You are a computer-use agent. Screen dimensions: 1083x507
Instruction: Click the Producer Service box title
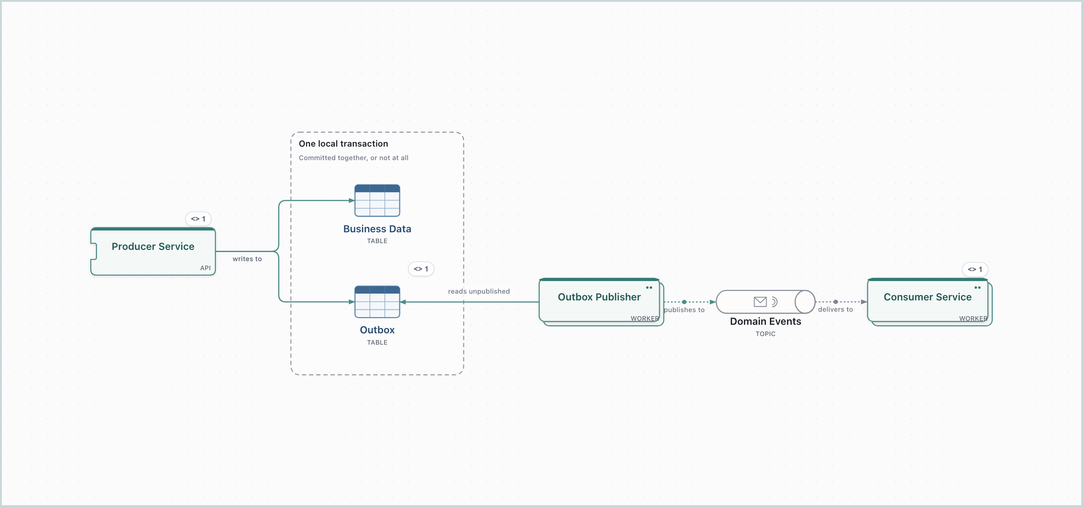153,246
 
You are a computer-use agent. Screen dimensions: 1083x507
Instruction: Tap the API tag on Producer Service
205,268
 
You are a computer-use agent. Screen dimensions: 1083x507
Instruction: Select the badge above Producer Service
198,219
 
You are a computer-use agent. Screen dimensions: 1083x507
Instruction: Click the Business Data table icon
377,200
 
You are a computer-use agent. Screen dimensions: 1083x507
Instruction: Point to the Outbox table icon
377,302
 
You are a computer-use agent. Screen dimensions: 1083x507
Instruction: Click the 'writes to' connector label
247,259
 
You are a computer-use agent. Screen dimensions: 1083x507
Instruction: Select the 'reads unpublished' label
479,291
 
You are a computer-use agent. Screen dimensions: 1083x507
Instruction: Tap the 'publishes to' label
684,310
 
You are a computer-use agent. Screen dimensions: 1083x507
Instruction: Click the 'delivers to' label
835,309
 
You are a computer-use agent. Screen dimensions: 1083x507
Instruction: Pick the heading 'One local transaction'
343,143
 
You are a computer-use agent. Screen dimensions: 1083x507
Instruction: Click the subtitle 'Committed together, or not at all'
353,158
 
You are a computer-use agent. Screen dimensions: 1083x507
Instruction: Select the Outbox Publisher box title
599,297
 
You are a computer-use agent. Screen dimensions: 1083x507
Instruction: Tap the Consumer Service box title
928,297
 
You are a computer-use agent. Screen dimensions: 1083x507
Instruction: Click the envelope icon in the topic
760,302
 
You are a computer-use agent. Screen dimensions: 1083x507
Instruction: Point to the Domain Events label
766,321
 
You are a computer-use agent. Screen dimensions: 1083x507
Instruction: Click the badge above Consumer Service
975,269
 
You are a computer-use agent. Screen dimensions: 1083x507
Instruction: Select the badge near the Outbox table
421,269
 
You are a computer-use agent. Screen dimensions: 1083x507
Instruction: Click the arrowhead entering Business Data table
352,201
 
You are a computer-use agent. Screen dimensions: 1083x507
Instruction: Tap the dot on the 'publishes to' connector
684,302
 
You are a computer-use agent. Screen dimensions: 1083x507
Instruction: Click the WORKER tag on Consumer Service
973,318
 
